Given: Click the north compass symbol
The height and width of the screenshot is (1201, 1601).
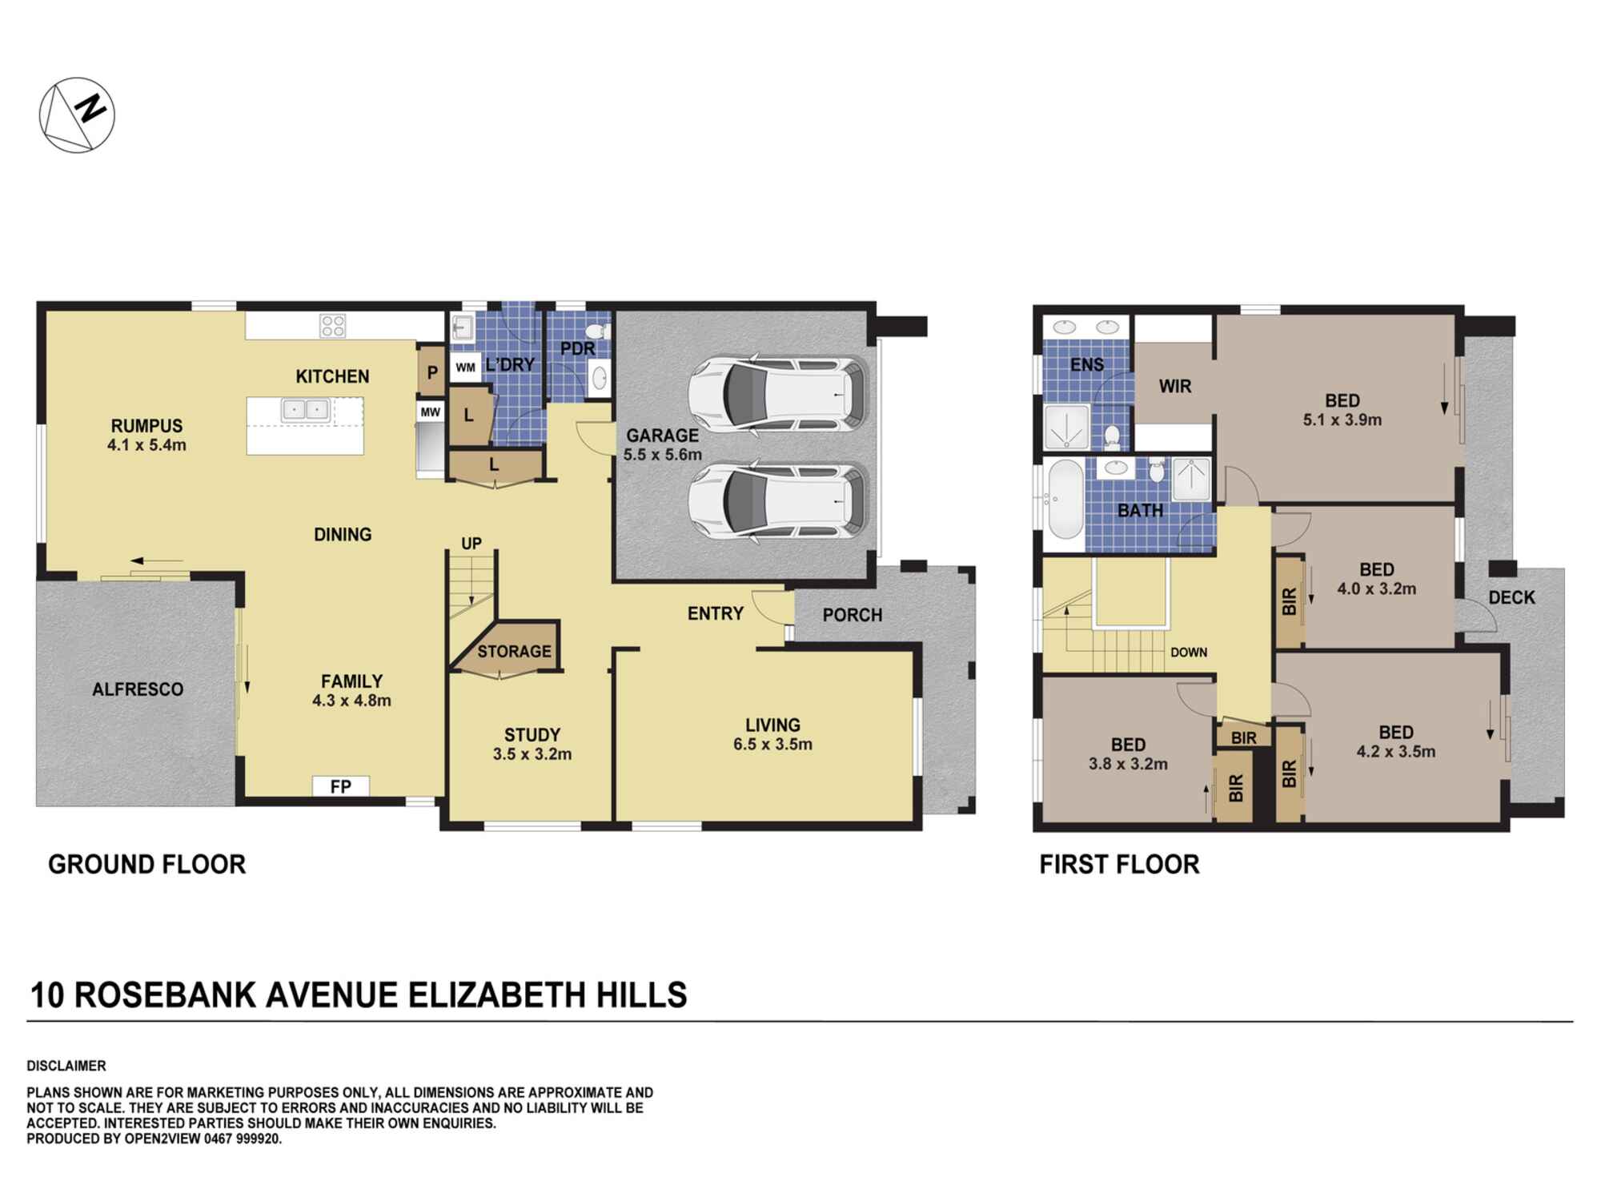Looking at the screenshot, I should coord(77,115).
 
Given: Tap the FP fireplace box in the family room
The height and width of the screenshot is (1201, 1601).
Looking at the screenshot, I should coord(340,786).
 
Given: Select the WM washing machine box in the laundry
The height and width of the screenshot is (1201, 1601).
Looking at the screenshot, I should coord(466,368).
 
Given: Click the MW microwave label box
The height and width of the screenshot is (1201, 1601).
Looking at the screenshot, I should coord(431,412).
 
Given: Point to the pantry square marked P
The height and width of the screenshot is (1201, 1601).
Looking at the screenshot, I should coord(432,372).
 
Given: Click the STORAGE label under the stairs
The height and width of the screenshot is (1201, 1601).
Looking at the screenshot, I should coord(514,652).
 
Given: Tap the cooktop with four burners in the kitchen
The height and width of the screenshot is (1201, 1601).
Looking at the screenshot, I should coord(333,326).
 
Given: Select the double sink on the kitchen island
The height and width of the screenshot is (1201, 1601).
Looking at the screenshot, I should coord(305,410).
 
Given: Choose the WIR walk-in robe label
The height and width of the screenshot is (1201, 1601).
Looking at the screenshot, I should coord(1175,386).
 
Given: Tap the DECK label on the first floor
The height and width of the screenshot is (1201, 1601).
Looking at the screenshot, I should coord(1511,597).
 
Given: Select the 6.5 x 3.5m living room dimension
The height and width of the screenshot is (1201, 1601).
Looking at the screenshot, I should coord(772,745).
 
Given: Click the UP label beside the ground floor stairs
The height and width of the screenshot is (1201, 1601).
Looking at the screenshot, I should coord(471,544).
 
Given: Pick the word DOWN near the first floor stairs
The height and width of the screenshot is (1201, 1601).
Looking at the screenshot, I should coord(1188,653).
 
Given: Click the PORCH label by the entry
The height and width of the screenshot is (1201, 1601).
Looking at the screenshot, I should coord(852,615).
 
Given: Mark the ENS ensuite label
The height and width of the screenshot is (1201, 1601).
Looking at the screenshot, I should coord(1086,365).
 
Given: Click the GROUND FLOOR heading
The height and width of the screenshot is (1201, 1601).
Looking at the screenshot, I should coord(146,865).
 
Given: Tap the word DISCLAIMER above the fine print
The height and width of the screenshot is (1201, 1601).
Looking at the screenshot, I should coord(66,1066).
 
